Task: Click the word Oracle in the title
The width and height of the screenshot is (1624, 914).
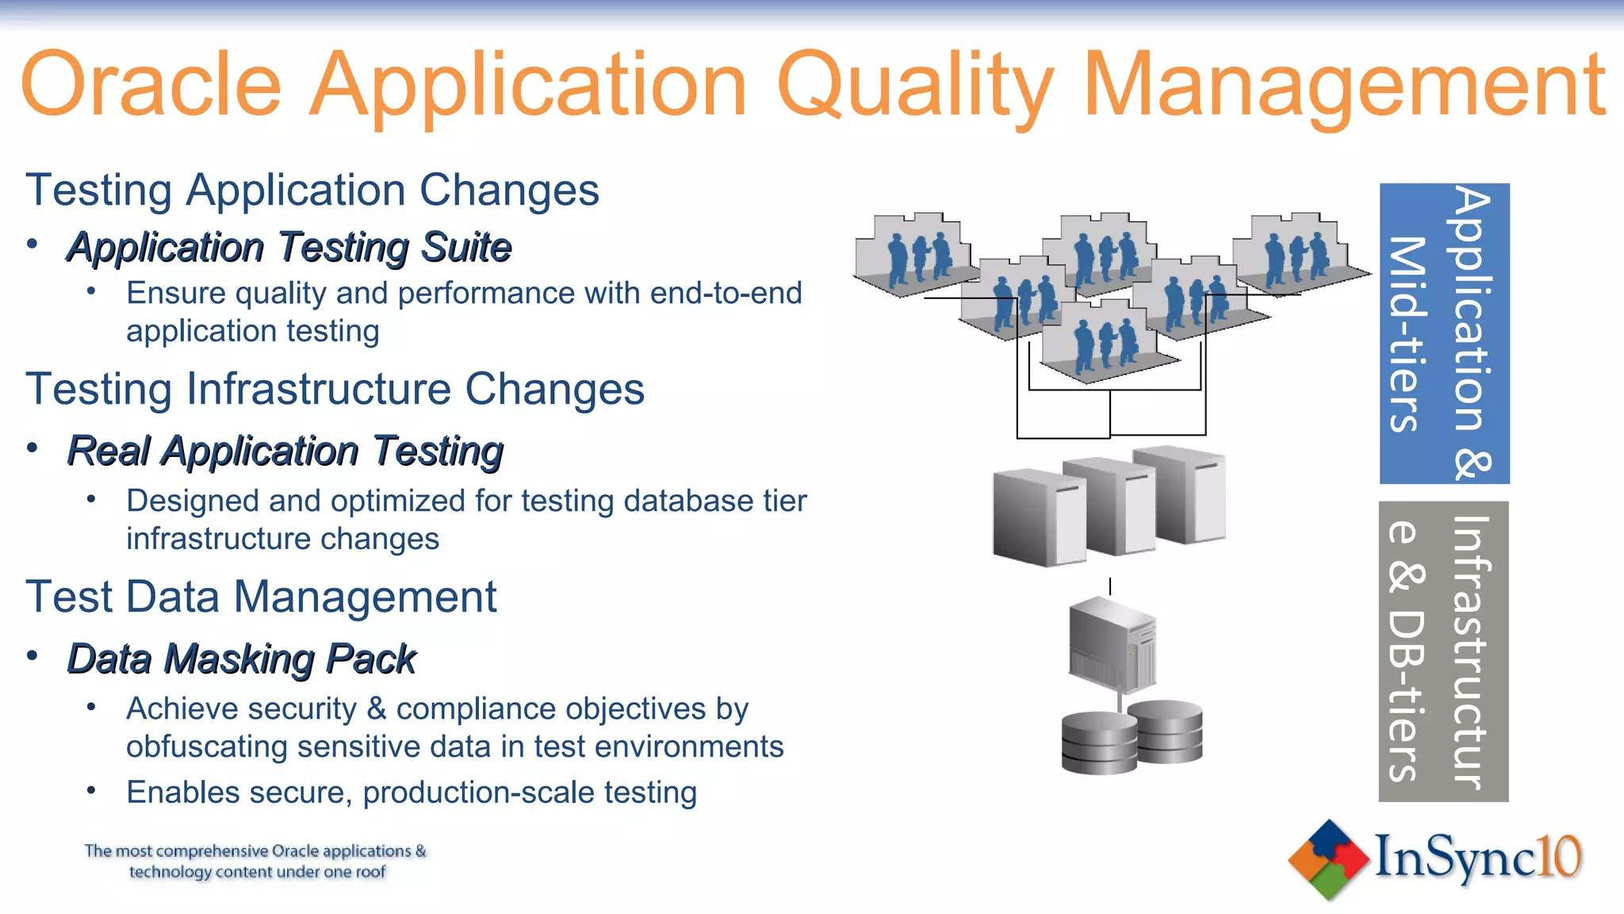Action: tap(151, 84)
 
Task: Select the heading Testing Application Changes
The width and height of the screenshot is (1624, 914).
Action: tap(312, 190)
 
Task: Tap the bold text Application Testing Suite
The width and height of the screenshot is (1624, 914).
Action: tap(289, 247)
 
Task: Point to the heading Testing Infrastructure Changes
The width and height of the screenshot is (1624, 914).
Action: tap(335, 389)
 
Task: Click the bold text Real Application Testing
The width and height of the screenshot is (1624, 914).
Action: tap(285, 451)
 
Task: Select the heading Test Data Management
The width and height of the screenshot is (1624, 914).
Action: tap(261, 597)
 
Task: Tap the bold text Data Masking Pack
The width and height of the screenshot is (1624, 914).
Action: tap(241, 659)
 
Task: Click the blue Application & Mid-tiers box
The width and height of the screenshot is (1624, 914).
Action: tap(1444, 333)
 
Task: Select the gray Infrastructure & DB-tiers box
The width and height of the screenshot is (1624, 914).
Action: tap(1443, 651)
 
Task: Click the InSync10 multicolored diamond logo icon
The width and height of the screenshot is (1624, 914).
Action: tap(1329, 859)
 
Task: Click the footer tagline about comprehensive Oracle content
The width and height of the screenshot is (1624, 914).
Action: tap(255, 861)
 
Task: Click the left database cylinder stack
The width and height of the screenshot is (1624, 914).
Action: tap(1098, 743)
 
